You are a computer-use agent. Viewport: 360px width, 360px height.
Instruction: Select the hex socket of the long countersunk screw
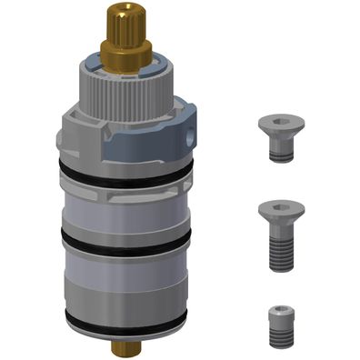click(x=279, y=209)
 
